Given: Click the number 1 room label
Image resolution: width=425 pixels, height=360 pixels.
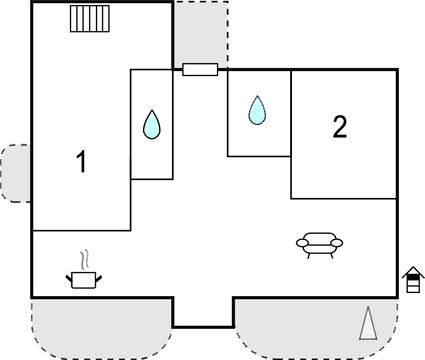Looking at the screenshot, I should (x=82, y=161).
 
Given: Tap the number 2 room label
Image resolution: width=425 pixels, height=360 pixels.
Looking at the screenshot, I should (x=340, y=126).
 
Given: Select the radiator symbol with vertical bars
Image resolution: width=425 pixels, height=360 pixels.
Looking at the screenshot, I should (x=89, y=19).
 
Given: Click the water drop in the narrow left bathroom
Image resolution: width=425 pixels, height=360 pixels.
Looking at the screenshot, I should (x=152, y=124).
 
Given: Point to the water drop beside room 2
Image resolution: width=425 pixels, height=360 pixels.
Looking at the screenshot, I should (x=257, y=109).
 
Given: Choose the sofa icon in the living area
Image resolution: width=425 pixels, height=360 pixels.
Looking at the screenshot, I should (x=319, y=243).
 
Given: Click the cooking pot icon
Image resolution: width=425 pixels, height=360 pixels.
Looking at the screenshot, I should (x=84, y=279).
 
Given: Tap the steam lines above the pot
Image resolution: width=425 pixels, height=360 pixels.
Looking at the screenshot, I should (x=87, y=258).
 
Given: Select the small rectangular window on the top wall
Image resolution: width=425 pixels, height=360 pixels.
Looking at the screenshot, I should (x=200, y=69).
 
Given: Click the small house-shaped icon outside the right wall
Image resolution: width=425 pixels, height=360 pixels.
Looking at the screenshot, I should (x=413, y=280).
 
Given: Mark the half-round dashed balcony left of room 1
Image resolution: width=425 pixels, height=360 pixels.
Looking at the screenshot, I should (x=16, y=173).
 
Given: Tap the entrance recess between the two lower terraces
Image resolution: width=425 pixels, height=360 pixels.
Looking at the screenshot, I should (x=203, y=311).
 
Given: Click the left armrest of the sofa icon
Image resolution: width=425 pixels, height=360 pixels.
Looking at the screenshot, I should (x=302, y=241).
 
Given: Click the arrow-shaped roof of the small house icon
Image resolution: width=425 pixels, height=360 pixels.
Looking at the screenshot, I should (x=413, y=272).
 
